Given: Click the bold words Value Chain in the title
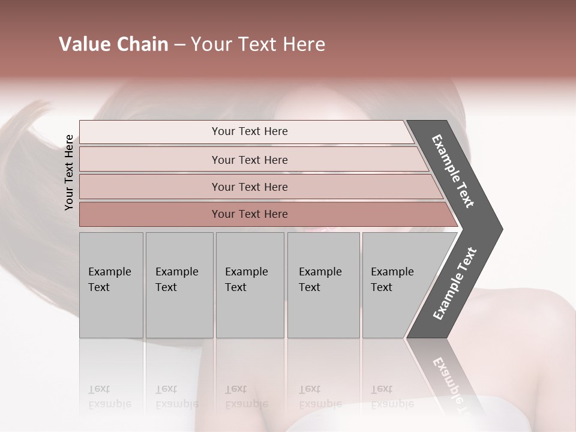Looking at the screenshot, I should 113,44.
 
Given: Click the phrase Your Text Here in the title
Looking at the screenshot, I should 258,44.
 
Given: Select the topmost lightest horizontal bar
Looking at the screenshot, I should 249,131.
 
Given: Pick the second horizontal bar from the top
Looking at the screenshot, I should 249,160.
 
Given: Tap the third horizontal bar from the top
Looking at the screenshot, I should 249,187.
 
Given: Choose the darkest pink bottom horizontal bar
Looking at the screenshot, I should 249,214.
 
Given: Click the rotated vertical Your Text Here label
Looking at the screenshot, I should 69,173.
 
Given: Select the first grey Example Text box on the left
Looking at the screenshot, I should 111,285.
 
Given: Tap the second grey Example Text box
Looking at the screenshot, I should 179,285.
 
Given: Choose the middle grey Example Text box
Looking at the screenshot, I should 250,285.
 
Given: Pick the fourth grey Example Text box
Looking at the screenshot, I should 323,285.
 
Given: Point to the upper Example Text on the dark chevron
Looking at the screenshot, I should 453,172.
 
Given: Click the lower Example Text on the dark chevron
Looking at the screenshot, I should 454,284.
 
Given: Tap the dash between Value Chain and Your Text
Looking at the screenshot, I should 179,45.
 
